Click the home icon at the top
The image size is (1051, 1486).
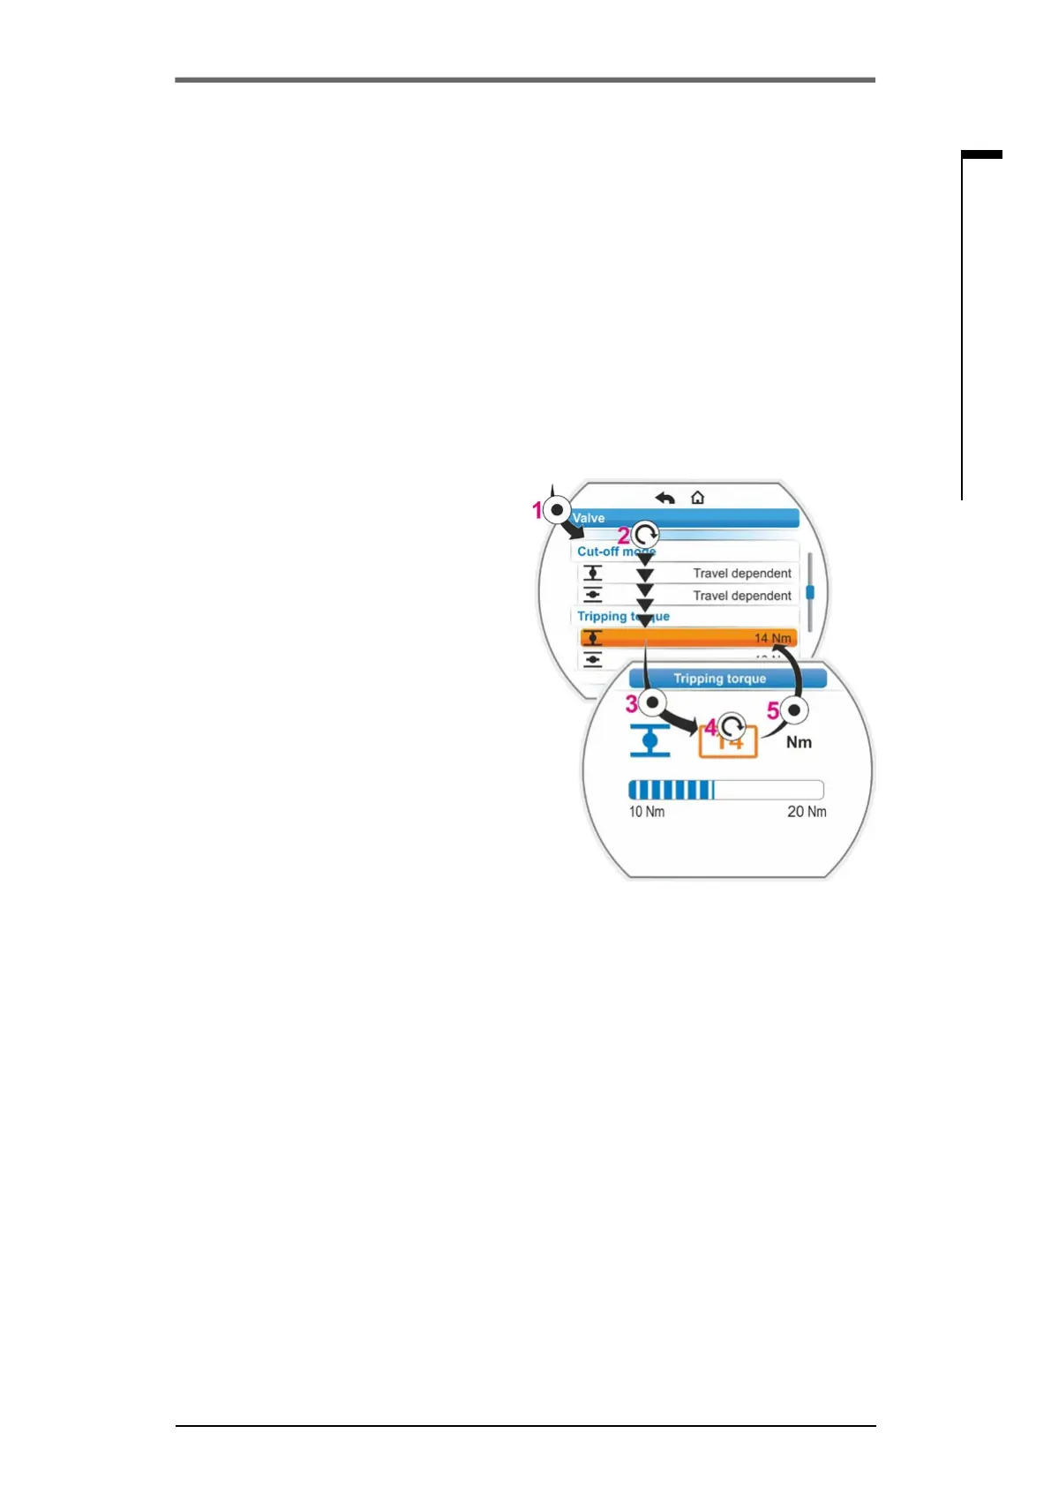click(697, 498)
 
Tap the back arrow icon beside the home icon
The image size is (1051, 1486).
click(665, 499)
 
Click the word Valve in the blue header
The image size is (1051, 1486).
click(589, 518)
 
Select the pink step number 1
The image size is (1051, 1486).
click(537, 510)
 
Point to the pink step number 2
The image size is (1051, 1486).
click(624, 536)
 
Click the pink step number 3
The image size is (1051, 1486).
click(632, 704)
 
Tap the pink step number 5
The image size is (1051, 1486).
click(773, 710)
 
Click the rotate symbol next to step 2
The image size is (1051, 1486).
click(646, 535)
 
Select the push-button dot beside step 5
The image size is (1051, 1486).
click(796, 710)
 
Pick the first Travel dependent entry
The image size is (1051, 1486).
click(741, 574)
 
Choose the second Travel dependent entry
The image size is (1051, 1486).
click(741, 596)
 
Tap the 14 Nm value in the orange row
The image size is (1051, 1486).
click(772, 638)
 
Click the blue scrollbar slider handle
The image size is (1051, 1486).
click(810, 593)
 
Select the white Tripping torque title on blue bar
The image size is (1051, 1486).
click(719, 679)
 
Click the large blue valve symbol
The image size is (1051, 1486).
click(650, 740)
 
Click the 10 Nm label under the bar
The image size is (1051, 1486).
click(646, 812)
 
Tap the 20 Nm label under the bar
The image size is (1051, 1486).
click(807, 812)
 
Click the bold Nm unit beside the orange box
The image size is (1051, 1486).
click(799, 742)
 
